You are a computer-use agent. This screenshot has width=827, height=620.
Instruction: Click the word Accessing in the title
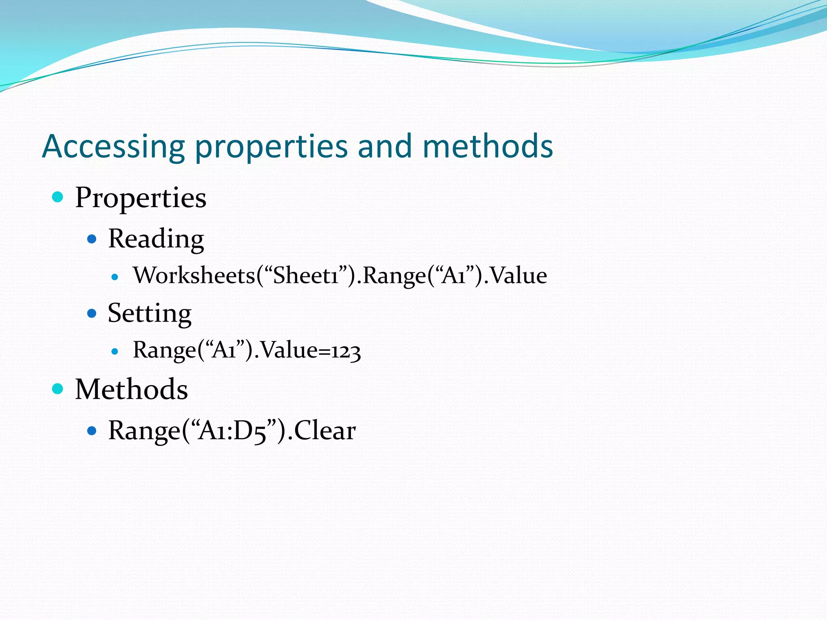[113, 146]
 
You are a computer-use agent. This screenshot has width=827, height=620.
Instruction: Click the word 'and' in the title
[385, 146]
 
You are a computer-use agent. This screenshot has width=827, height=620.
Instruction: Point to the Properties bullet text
[141, 198]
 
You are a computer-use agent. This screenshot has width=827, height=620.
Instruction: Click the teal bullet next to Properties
[58, 197]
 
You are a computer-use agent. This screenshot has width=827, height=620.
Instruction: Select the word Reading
[156, 239]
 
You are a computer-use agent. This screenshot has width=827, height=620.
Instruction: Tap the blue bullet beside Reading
[92, 239]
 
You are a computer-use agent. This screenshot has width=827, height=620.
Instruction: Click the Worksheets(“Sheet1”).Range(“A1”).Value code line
[340, 276]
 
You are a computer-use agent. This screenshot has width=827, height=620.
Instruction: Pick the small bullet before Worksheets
[115, 277]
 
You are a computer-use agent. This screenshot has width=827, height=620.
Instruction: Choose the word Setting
[149, 313]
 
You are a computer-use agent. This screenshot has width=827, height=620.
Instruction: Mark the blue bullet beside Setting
[92, 313]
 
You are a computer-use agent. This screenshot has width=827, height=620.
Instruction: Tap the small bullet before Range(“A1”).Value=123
[115, 351]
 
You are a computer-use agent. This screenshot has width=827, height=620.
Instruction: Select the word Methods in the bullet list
[132, 390]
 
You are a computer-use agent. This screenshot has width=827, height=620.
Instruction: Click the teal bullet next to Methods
[58, 389]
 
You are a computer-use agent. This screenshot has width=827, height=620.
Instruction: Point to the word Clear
[325, 431]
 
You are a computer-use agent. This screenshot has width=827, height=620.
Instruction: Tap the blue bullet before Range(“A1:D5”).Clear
[92, 431]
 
